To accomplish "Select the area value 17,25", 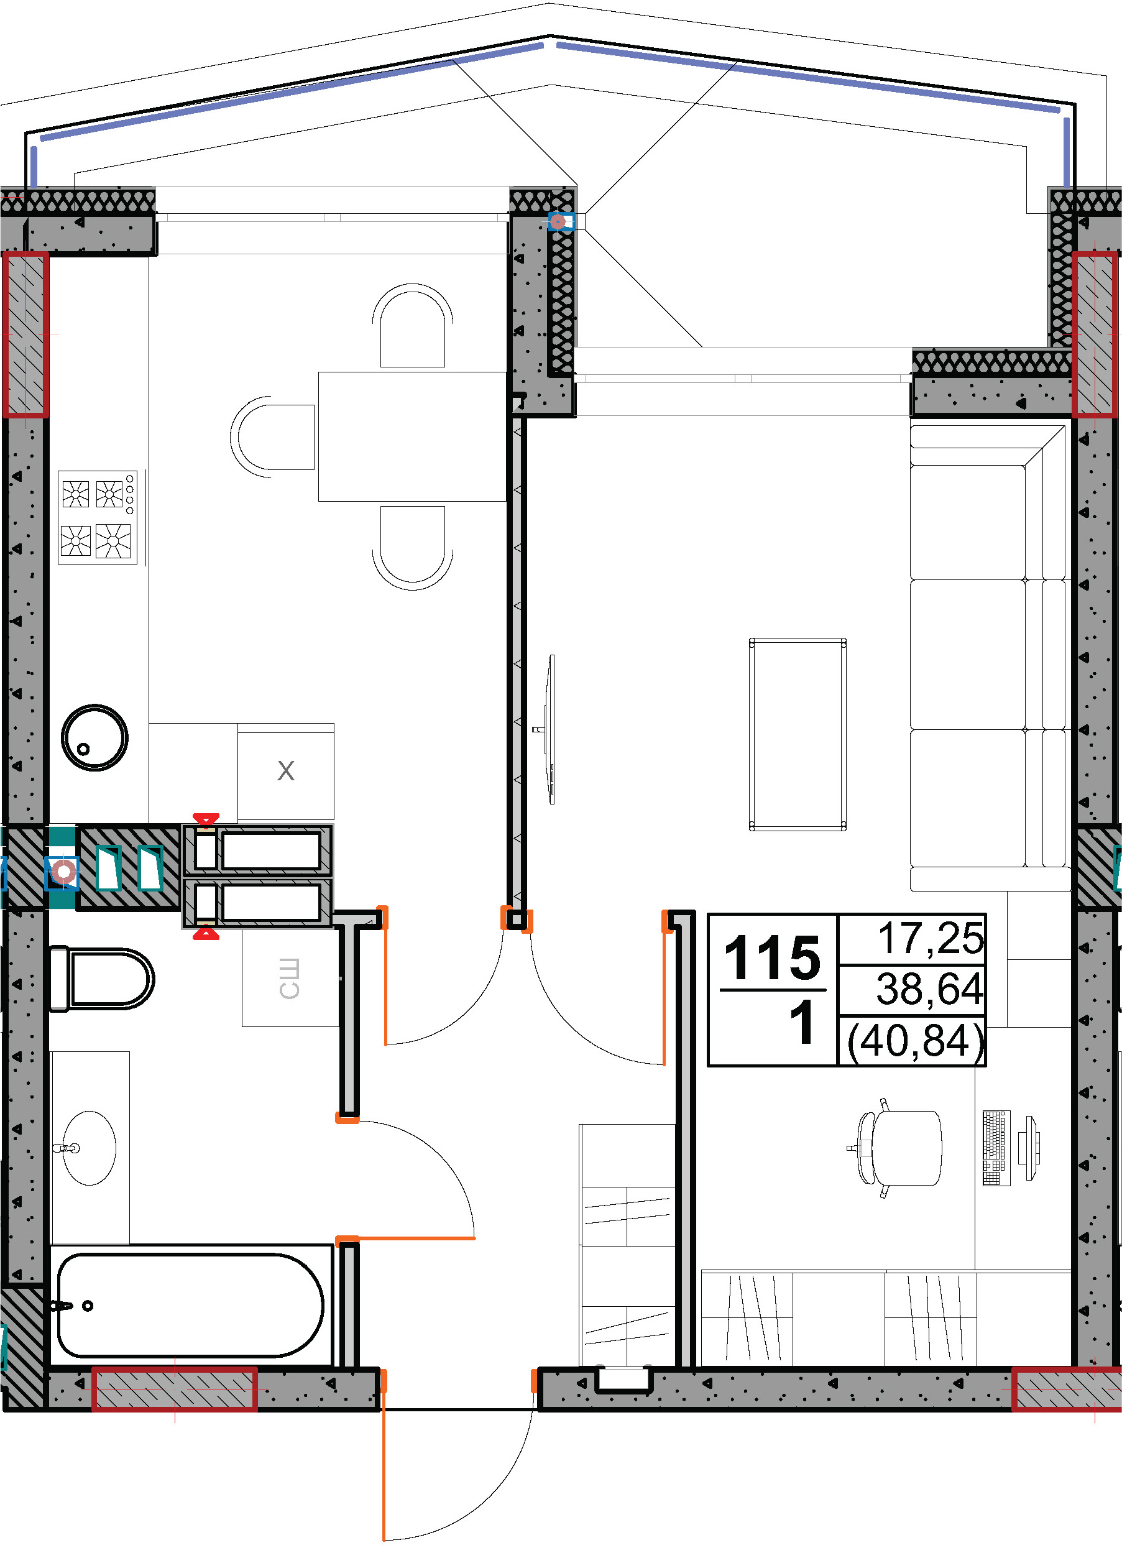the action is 931,938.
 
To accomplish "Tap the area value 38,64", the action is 930,989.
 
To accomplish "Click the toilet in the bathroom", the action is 101,979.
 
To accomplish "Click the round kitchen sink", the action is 94,737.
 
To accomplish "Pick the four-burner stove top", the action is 98,517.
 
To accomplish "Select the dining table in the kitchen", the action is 412,436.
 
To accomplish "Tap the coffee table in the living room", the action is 797,734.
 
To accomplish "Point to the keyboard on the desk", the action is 996,1148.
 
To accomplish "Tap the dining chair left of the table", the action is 273,437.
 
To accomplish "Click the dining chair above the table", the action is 413,326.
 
